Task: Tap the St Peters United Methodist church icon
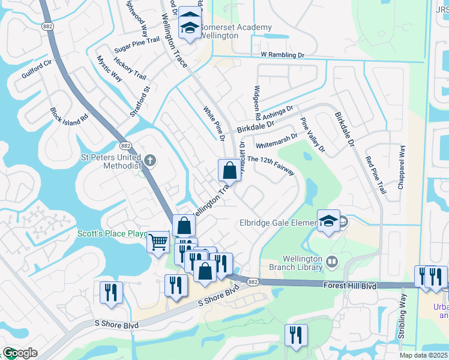pyautogui.click(x=150, y=161)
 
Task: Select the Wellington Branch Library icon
pyautogui.click(x=332, y=261)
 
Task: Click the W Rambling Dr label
pyautogui.click(x=283, y=55)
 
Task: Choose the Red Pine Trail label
pyautogui.click(x=376, y=175)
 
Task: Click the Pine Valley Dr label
pyautogui.click(x=313, y=135)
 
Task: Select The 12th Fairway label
pyautogui.click(x=271, y=166)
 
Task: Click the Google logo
pyautogui.click(x=20, y=353)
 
